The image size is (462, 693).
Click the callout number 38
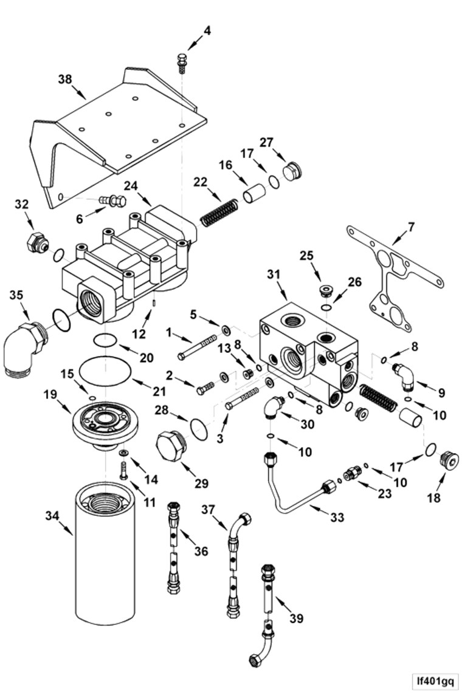65,80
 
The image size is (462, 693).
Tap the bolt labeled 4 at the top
182,63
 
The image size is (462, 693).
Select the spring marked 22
219,213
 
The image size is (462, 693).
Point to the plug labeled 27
292,171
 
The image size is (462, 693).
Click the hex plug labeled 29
171,446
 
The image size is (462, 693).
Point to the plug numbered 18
450,461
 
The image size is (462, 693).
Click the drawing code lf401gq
432,679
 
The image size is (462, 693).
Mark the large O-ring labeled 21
105,369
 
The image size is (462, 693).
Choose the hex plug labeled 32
37,242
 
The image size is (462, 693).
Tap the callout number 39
296,618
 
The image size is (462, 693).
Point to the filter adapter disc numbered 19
105,425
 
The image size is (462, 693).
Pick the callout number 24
130,186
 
